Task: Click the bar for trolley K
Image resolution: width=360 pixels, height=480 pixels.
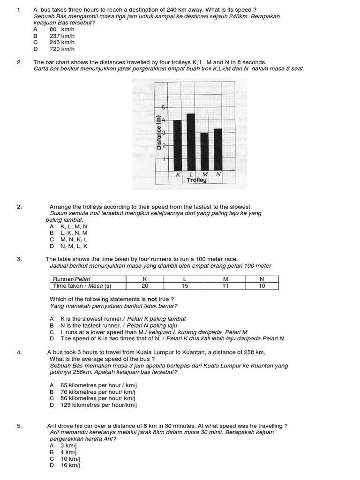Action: pos(178,145)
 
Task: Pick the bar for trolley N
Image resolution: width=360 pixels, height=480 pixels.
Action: pos(217,150)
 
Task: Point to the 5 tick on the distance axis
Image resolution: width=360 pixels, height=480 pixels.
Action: pos(164,107)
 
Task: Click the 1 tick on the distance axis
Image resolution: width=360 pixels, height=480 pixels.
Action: pos(164,158)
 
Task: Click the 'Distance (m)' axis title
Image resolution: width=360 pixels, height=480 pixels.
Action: pos(159,136)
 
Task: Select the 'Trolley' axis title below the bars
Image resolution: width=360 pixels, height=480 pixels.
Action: pos(196,180)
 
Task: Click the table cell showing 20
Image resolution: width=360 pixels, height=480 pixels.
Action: pos(144,286)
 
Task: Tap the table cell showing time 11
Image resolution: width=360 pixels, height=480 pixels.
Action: pos(224,286)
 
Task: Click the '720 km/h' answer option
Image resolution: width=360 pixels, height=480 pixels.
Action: pos(62,49)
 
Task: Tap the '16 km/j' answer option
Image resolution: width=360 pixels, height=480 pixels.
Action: pos(71,465)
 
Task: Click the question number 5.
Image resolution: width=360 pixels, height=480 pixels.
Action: pos(19,426)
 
